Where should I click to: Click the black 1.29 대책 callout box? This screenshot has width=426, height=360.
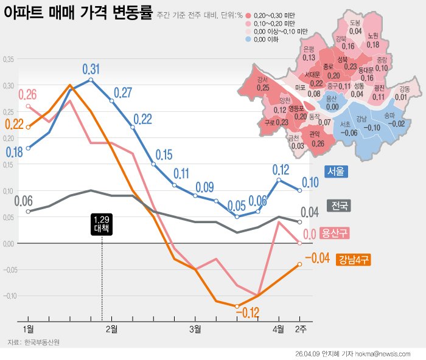click(x=101, y=224)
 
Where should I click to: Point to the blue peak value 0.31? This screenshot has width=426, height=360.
click(x=91, y=68)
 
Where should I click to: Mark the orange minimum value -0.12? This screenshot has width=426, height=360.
click(x=246, y=313)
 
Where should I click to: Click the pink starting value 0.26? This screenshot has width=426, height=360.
click(x=27, y=94)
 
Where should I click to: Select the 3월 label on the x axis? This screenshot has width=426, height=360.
click(x=195, y=329)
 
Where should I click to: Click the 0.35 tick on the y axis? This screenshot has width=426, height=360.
click(x=9, y=60)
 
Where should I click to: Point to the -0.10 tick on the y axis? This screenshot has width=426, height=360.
click(x=9, y=296)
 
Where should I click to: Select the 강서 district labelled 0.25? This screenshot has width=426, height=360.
click(x=263, y=84)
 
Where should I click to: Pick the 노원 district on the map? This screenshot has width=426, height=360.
click(x=373, y=40)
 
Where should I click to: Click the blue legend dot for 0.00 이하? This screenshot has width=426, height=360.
click(x=250, y=39)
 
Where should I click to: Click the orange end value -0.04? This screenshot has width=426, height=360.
click(x=317, y=258)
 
